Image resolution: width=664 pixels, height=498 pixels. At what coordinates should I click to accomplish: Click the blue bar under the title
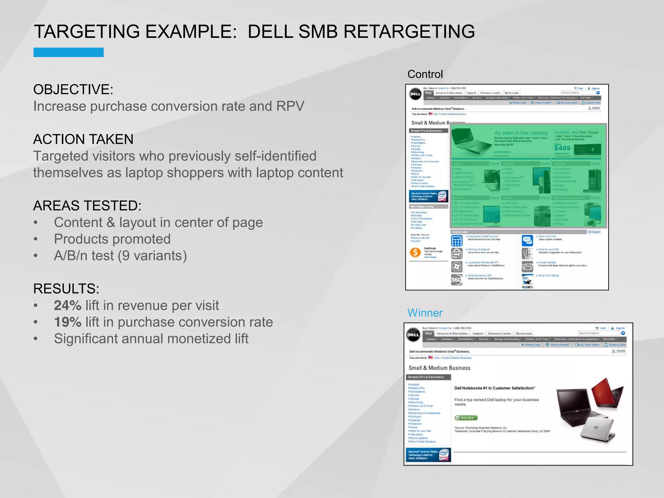68,52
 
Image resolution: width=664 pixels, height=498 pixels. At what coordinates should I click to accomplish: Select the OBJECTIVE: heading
73,89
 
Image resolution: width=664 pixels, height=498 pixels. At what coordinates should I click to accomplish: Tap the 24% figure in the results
67,305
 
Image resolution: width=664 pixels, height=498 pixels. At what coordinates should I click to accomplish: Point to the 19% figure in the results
67,322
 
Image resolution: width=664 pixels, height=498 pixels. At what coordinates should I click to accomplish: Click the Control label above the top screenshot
425,74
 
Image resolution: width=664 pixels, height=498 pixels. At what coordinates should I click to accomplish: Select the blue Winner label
425,313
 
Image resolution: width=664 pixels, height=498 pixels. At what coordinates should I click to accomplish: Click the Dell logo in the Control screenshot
415,94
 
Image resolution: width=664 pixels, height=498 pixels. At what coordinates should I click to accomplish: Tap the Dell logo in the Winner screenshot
413,335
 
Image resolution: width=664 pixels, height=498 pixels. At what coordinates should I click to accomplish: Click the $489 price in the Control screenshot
562,148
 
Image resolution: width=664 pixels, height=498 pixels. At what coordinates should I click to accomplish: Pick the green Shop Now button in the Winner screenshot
466,418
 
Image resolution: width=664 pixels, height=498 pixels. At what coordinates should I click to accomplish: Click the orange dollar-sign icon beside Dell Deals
415,252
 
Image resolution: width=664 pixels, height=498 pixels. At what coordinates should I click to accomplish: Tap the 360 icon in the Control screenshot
456,279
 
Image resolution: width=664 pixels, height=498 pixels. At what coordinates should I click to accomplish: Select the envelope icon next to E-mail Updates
528,267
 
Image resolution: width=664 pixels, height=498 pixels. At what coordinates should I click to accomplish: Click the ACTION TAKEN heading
83,139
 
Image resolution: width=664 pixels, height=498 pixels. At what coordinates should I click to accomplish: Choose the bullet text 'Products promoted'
112,239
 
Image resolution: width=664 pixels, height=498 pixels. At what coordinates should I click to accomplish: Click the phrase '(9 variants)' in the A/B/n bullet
152,256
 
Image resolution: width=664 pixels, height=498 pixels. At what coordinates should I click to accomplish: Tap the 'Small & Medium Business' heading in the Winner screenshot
439,368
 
